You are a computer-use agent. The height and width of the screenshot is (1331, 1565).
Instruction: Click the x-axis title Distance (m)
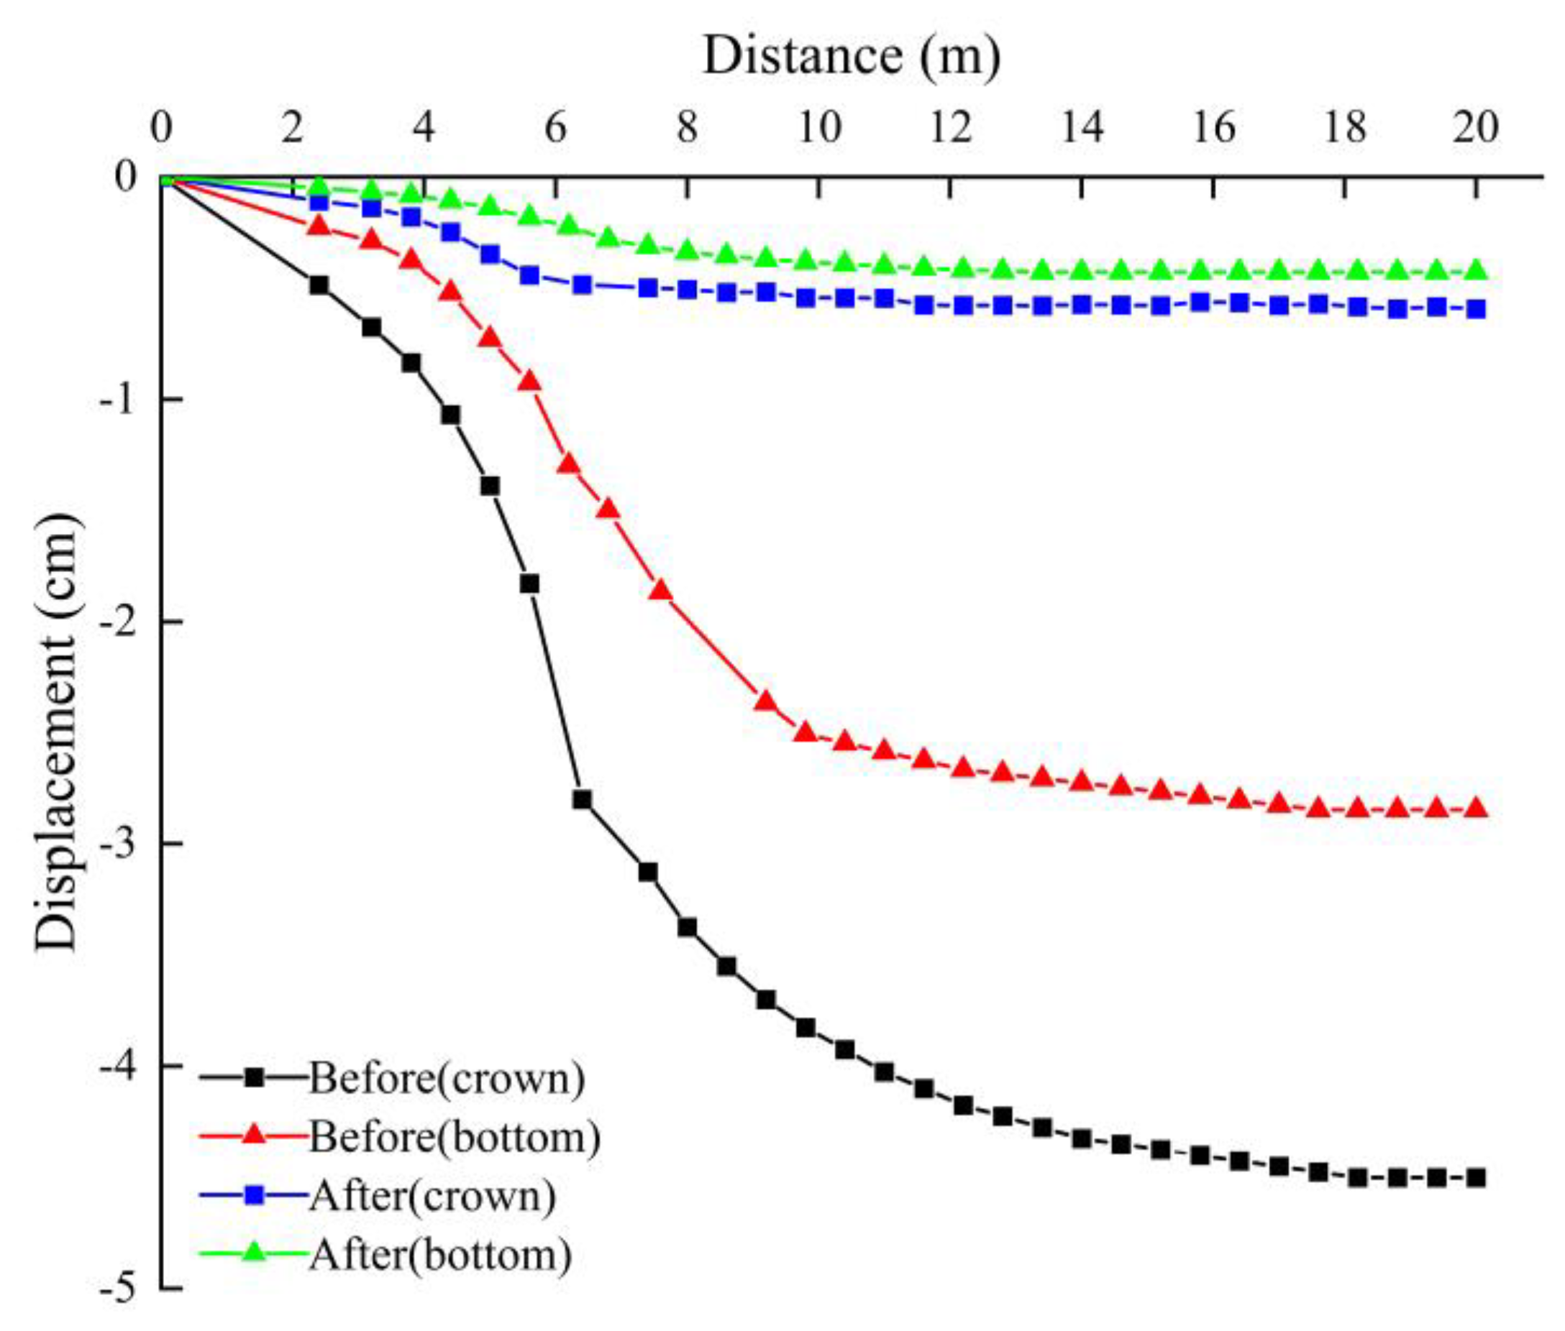point(851,57)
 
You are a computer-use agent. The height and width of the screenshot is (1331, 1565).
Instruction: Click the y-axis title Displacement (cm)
point(58,732)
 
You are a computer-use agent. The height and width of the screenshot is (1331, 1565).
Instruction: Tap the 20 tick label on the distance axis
point(1476,128)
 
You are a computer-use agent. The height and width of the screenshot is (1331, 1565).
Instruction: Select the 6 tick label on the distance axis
point(556,128)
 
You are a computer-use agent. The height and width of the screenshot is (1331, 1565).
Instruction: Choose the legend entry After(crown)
point(432,1196)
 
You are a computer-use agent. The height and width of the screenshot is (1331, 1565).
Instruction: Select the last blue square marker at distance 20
point(1476,309)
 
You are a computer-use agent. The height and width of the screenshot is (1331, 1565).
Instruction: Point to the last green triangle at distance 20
point(1476,270)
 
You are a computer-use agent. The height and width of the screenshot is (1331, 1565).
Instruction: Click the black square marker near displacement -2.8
point(581,800)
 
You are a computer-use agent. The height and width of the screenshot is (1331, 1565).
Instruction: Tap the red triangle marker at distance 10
point(806,731)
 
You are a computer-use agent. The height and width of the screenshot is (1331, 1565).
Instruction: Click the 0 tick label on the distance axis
point(161,128)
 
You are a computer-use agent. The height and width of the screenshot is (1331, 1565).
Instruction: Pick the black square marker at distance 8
point(687,927)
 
